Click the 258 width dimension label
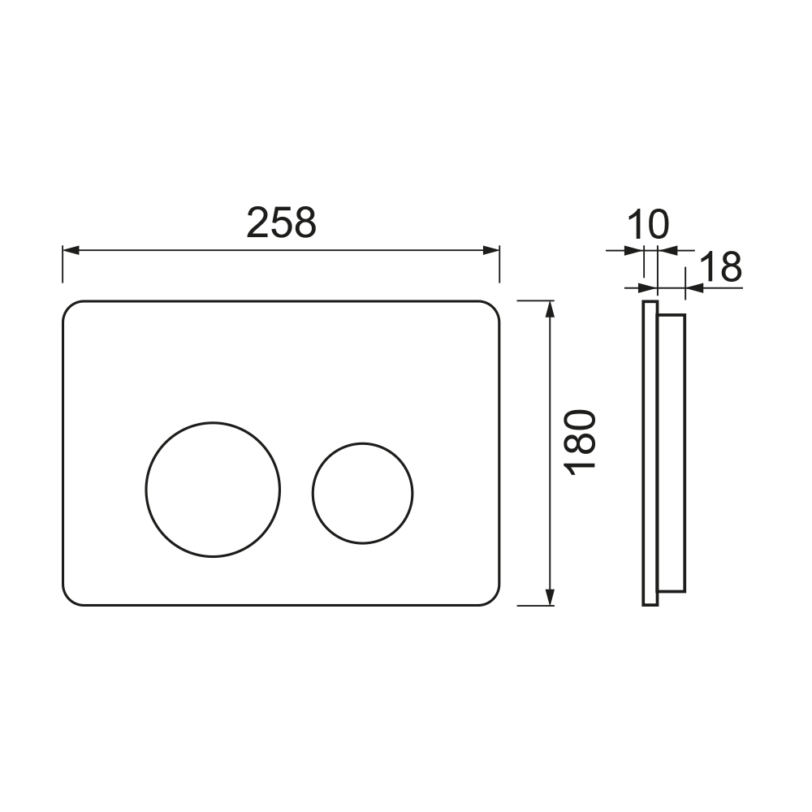[281, 222]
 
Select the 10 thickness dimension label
[648, 225]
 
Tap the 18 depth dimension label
[720, 267]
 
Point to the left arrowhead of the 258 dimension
[71, 251]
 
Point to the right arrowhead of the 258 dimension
[491, 251]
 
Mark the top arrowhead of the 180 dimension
[550, 309]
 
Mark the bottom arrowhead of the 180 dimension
[550, 597]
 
